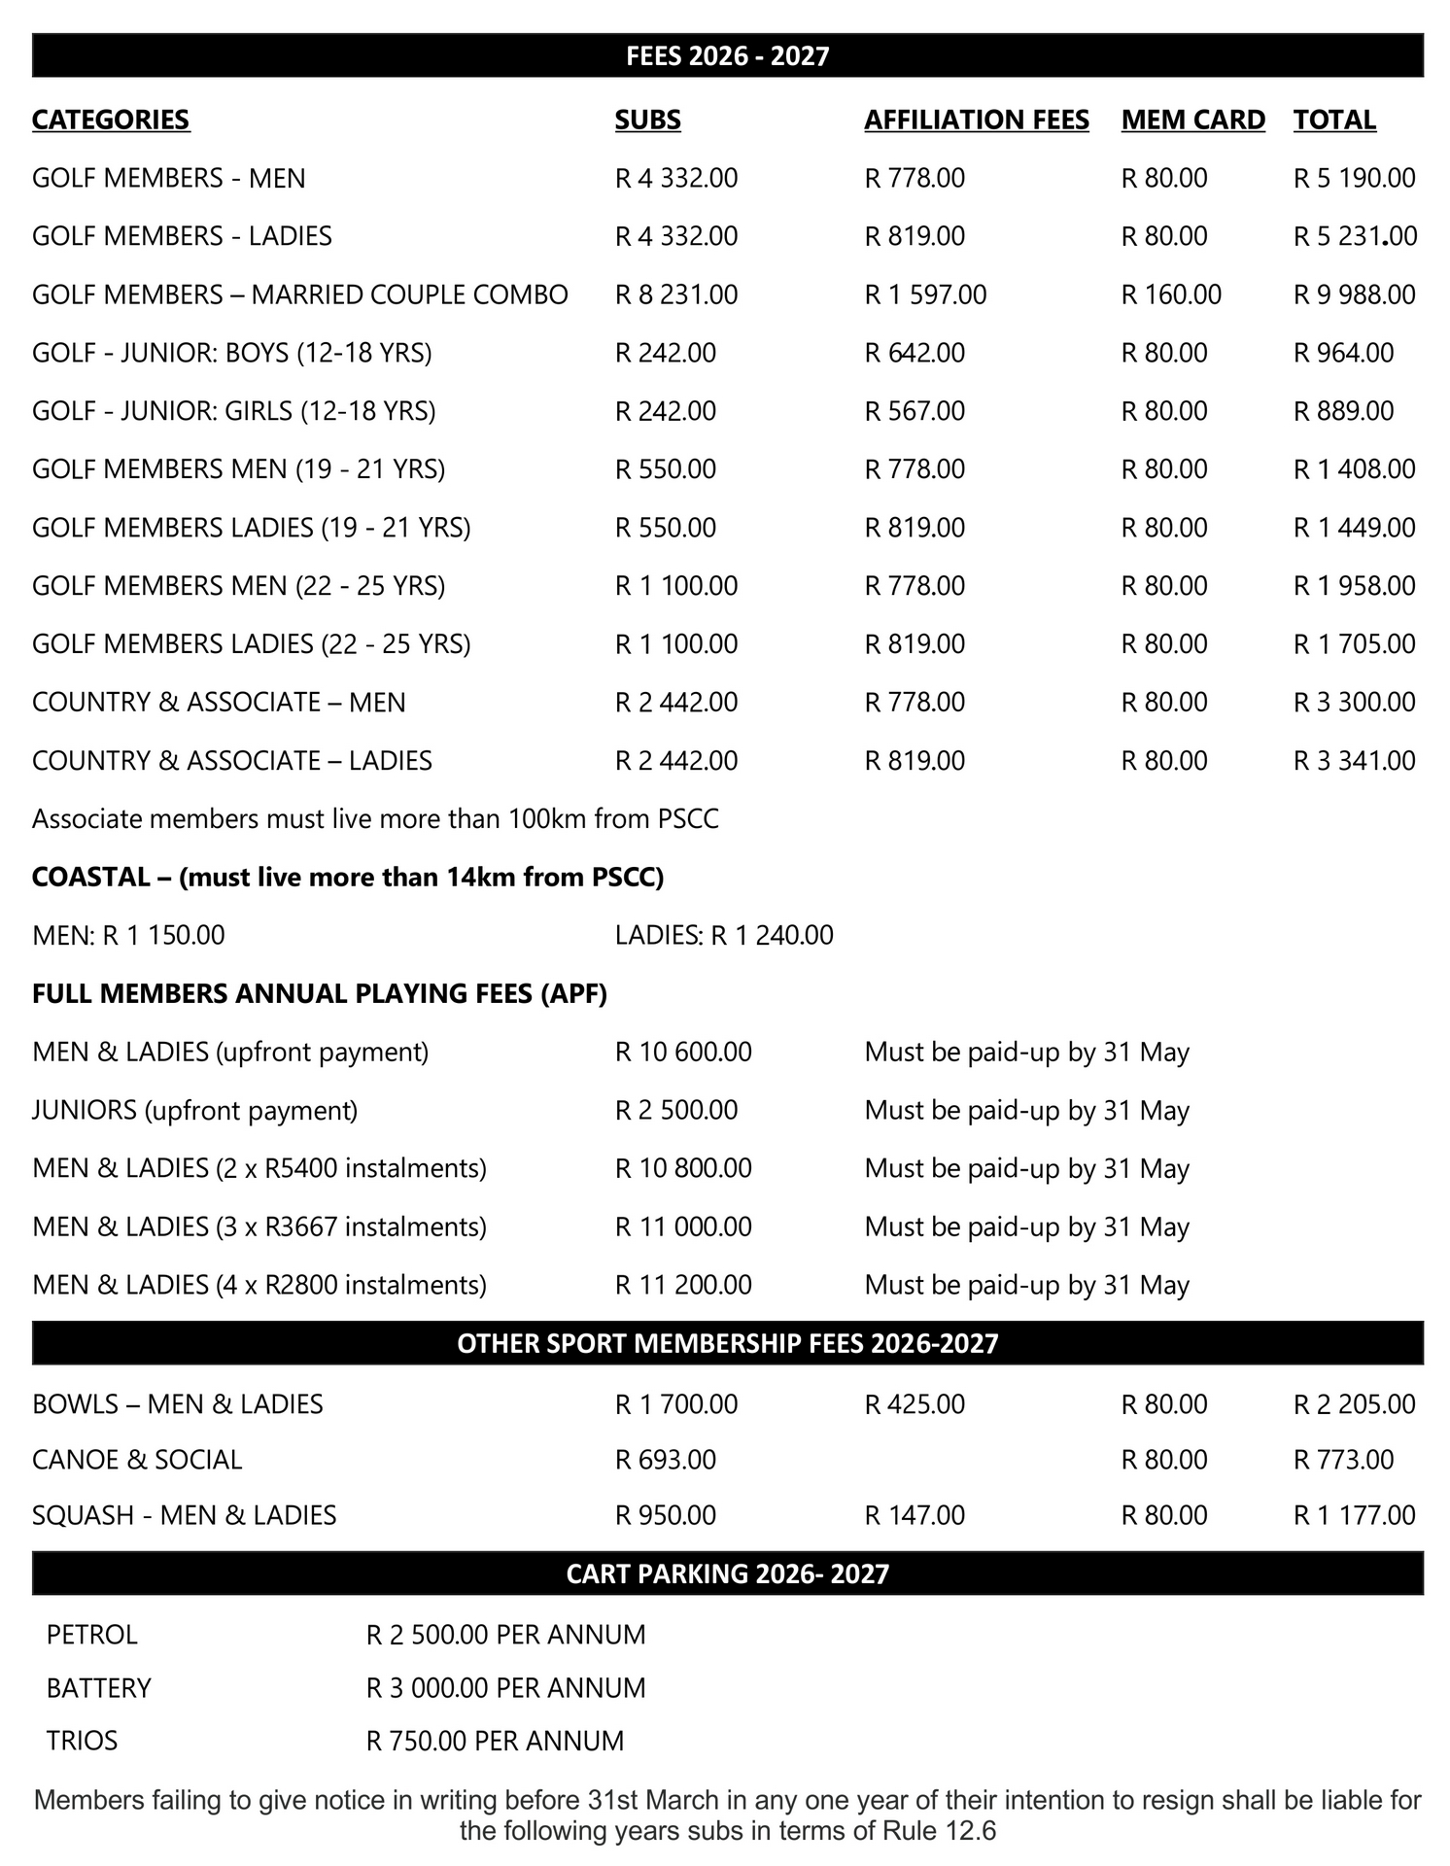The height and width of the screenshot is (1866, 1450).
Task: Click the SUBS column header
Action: tap(647, 120)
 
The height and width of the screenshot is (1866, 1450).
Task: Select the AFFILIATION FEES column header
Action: tap(976, 120)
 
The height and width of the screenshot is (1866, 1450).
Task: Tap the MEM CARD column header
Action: tap(1192, 120)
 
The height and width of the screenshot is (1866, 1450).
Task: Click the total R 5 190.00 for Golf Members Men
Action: tap(1354, 178)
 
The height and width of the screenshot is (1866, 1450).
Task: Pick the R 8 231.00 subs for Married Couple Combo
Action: tap(675, 294)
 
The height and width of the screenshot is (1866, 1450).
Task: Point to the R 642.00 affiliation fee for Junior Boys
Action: tap(915, 353)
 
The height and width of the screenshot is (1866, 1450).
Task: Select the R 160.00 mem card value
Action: tap(1170, 294)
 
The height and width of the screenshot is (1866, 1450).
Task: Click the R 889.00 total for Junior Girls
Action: tap(1343, 411)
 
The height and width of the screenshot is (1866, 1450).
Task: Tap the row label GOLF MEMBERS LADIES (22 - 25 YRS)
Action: tap(251, 644)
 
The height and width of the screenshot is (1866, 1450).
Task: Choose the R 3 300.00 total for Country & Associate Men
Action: tap(1354, 703)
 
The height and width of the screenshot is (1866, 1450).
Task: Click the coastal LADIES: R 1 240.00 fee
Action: tap(723, 935)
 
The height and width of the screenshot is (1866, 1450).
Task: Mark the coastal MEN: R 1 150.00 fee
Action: tap(128, 935)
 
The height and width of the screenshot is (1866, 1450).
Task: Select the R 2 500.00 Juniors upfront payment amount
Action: tap(675, 1110)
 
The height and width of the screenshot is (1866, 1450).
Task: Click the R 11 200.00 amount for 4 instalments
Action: tap(683, 1285)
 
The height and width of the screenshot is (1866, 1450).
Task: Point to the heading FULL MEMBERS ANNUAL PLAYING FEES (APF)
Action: tap(319, 993)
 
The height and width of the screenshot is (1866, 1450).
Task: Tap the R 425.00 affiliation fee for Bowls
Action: tap(915, 1404)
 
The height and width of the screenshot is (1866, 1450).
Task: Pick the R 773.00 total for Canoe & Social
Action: tap(1343, 1460)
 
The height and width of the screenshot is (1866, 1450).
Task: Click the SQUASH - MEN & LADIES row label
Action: tap(184, 1515)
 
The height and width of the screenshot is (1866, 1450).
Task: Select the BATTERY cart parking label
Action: tap(98, 1688)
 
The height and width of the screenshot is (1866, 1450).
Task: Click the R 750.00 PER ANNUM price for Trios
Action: tap(495, 1741)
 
